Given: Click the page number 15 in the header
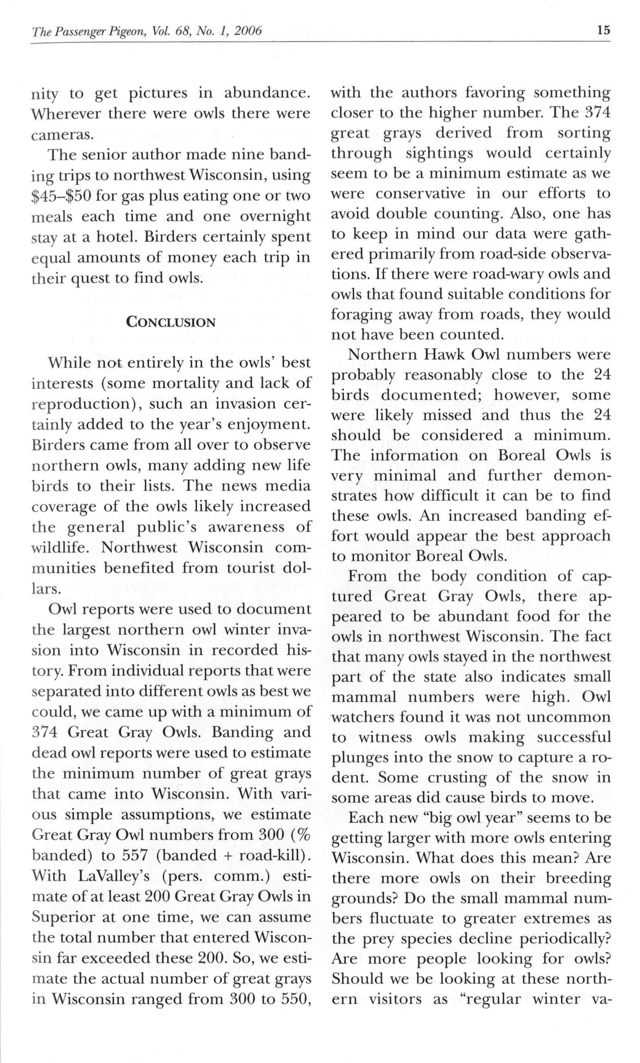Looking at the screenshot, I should tap(603, 30).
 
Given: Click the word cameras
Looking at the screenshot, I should tap(62, 134).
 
